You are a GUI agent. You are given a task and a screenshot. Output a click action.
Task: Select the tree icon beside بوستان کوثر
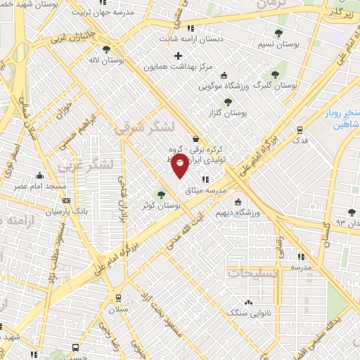(162, 195)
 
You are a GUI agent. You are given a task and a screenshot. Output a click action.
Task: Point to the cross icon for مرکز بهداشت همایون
(179, 56)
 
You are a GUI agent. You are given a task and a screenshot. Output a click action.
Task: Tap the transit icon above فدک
(300, 130)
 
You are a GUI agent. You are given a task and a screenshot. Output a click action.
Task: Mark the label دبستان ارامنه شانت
(192, 39)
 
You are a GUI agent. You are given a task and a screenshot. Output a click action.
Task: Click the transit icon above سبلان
(117, 296)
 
